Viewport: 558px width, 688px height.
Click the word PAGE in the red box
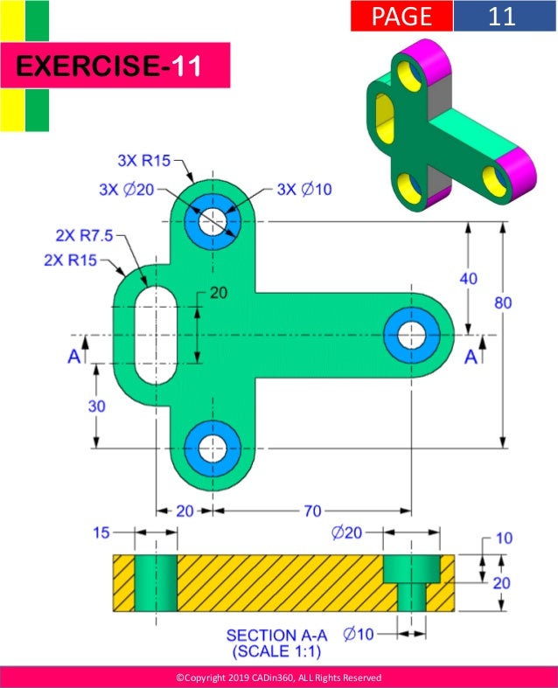pyautogui.click(x=401, y=17)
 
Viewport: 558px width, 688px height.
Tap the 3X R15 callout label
pyautogui.click(x=144, y=161)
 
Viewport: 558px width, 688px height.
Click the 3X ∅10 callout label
pyautogui.click(x=304, y=189)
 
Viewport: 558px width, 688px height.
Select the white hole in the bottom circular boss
pyautogui.click(x=211, y=448)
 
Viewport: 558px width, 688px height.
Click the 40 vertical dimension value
pyautogui.click(x=470, y=277)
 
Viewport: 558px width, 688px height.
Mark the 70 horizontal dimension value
pyautogui.click(x=312, y=511)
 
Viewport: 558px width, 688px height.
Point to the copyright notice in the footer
pyautogui.click(x=278, y=678)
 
